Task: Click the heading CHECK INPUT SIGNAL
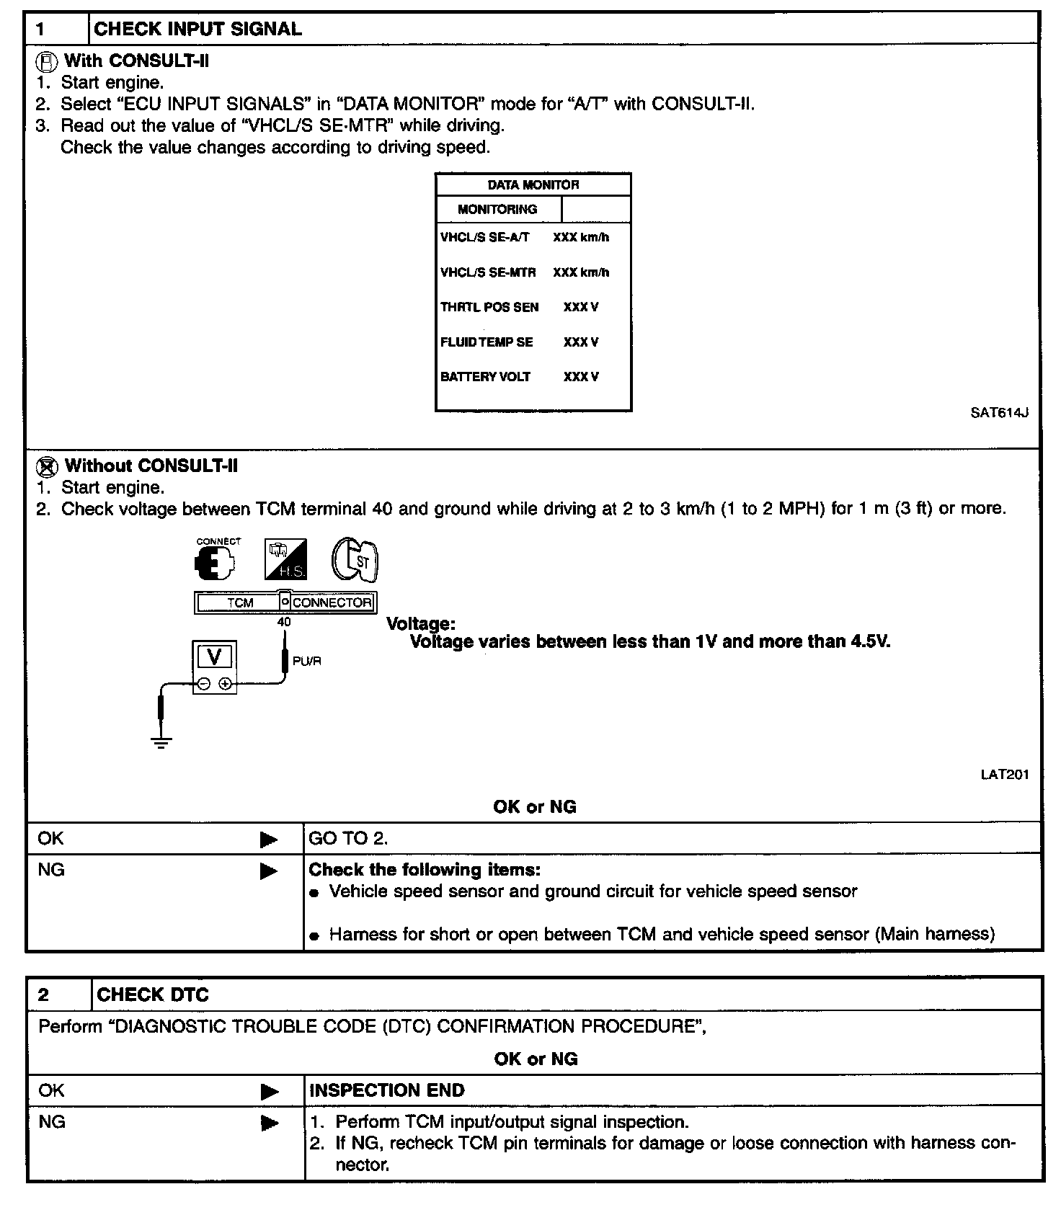[x=197, y=29]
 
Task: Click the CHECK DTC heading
[x=152, y=995]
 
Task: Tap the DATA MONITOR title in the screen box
[x=533, y=184]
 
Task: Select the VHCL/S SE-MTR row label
[x=488, y=272]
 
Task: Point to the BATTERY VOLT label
[x=485, y=377]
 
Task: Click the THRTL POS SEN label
[x=489, y=307]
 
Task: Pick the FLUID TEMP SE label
[x=487, y=342]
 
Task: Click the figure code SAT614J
[x=999, y=413]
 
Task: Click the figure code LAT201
[x=1005, y=775]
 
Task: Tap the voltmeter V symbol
[x=214, y=657]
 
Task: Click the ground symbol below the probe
[x=161, y=743]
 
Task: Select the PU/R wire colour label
[x=306, y=661]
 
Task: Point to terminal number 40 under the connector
[x=284, y=621]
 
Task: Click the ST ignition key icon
[x=355, y=558]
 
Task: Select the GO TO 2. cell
[x=348, y=838]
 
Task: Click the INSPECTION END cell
[x=386, y=1090]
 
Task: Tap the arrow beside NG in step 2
[x=270, y=1123]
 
